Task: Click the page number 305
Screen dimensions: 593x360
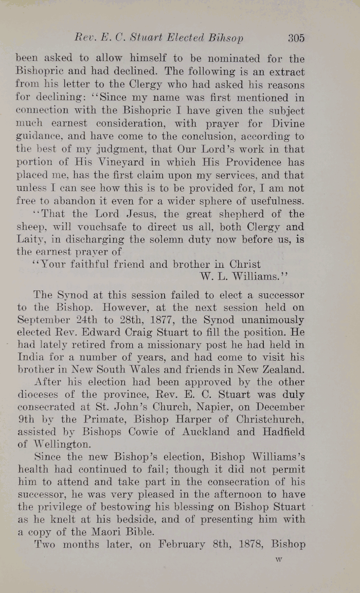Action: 296,38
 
